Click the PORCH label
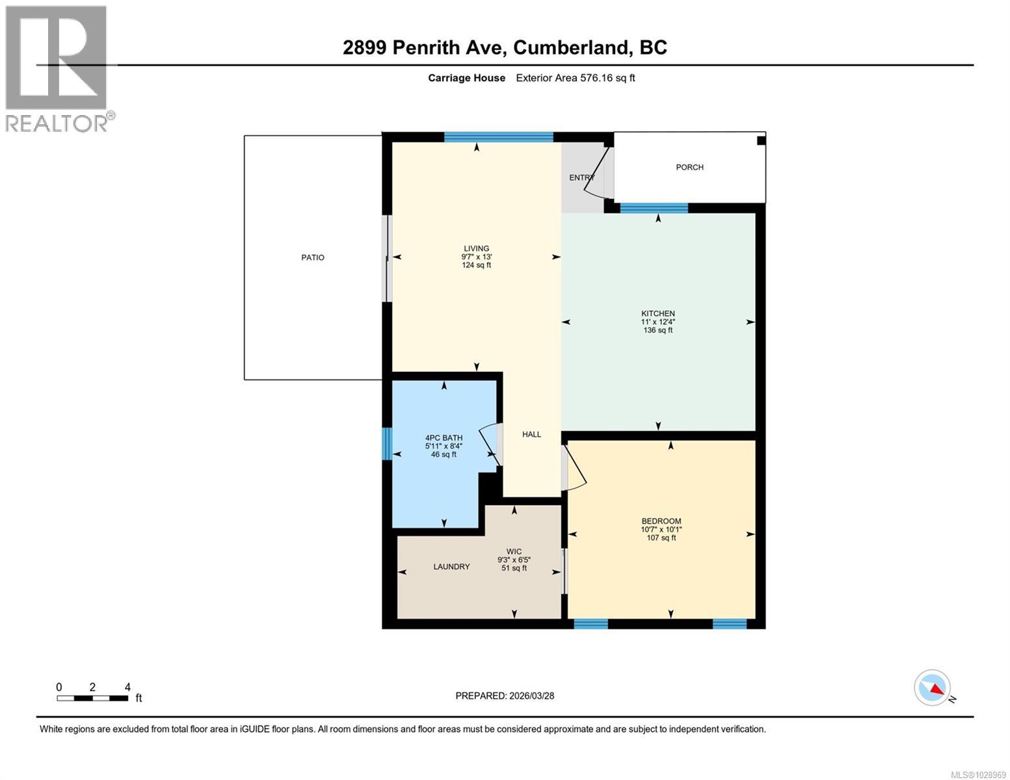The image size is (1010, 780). coord(689,167)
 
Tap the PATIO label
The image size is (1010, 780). coord(313,257)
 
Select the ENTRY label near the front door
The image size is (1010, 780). coord(581,177)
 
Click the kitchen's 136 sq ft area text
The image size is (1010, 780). coord(658,330)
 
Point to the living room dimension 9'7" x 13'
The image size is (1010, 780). coord(476,257)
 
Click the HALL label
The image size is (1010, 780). coord(531,434)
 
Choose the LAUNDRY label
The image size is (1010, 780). coord(451,567)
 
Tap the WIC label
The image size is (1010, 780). coord(514,551)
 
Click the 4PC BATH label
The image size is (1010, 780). coord(444,438)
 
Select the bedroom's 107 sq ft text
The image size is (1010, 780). coord(661,538)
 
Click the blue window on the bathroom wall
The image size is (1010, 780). coord(387,443)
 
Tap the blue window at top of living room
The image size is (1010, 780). coord(498,136)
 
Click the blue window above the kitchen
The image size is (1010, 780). coord(654,208)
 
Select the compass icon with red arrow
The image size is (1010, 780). coord(932,688)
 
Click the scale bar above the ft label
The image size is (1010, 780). coord(92,698)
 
